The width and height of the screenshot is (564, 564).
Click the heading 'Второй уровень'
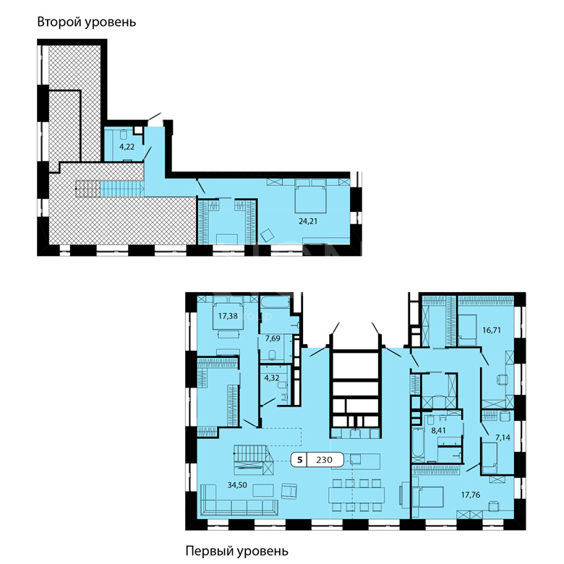click(87, 22)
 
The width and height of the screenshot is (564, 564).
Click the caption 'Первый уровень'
click(236, 551)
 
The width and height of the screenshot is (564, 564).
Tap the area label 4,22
click(127, 147)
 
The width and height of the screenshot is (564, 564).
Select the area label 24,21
click(308, 221)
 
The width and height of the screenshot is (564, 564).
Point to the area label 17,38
click(228, 316)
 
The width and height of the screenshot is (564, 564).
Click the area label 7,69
click(273, 338)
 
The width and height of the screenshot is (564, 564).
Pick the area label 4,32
click(272, 378)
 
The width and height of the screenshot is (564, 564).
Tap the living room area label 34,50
click(237, 485)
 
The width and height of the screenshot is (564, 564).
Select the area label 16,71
click(492, 330)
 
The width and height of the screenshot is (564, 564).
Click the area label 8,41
click(438, 430)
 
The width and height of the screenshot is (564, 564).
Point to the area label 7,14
click(503, 437)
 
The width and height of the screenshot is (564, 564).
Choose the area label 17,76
click(471, 495)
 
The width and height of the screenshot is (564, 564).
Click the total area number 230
click(324, 460)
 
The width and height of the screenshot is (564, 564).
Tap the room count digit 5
click(299, 460)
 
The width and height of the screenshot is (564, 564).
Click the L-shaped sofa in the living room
click(239, 501)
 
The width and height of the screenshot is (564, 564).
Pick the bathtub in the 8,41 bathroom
click(418, 445)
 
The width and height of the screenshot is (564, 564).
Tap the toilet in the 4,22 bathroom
click(124, 134)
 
